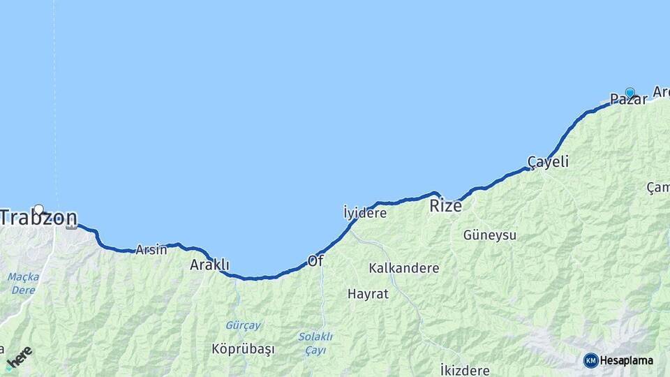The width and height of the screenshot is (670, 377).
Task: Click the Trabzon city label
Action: click(38, 218)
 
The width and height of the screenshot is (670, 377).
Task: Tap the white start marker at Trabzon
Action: click(39, 209)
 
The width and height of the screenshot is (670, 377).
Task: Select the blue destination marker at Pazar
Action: click(630, 92)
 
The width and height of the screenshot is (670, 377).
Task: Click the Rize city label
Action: click(445, 205)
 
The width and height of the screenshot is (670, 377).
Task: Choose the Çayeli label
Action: click(548, 162)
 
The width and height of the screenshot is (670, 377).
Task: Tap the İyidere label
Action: click(365, 213)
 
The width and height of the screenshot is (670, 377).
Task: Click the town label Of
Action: click(315, 261)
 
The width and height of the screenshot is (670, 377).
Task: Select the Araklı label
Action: click(209, 265)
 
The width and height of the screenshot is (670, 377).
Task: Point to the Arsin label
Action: click(151, 249)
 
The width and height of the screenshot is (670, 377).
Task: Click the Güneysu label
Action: click(490, 235)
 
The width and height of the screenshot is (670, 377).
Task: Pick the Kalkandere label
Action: click(404, 268)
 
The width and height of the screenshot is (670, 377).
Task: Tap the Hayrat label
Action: click(368, 294)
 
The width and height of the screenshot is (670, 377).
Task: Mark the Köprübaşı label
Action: click(243, 348)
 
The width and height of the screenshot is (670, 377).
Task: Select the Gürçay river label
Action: click(243, 325)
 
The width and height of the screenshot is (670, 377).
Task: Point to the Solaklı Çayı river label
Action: click(315, 343)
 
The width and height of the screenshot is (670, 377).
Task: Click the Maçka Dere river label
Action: click(24, 282)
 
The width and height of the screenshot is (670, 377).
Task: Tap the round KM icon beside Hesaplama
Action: click(591, 360)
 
